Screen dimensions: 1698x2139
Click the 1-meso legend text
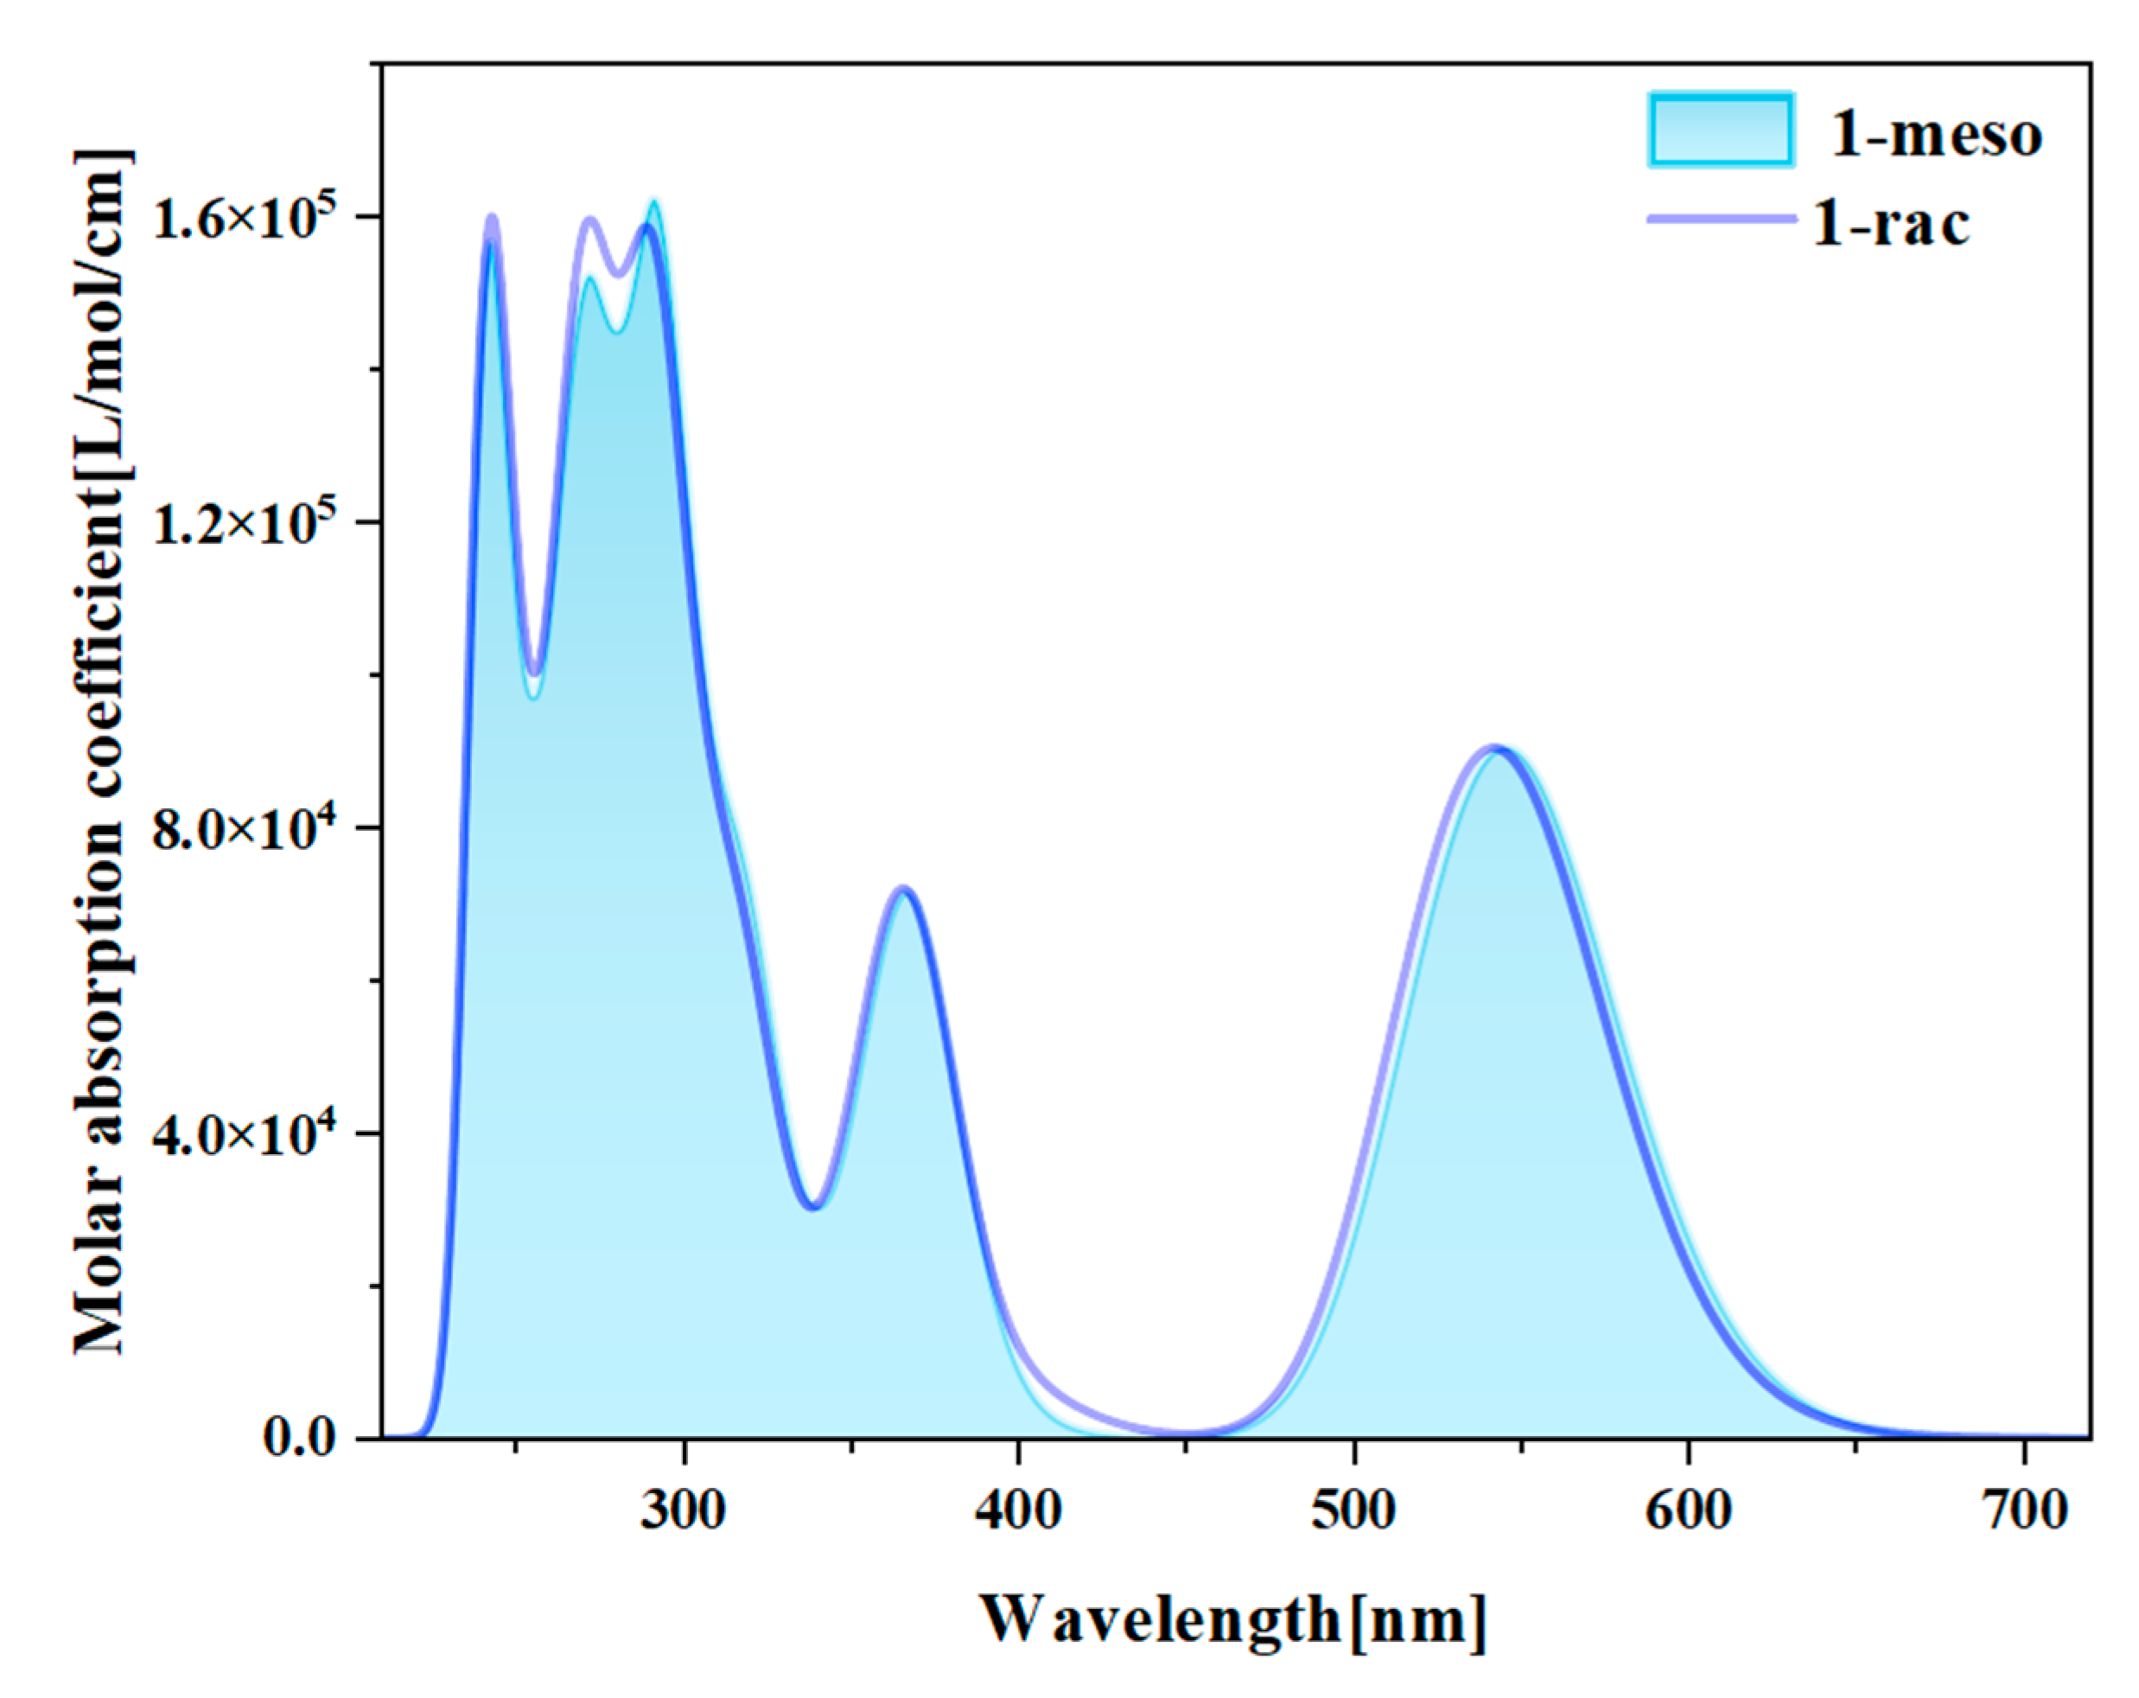pos(1936,133)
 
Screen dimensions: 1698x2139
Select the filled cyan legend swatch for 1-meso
pos(1721,130)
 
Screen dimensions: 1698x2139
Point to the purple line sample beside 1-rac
pos(1721,219)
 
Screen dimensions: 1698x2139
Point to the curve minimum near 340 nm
pos(813,1207)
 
